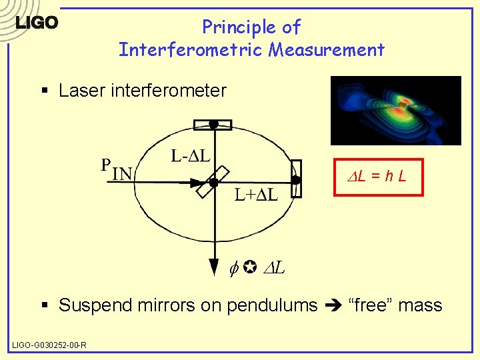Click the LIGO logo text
tap(37, 23)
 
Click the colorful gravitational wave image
tap(396, 110)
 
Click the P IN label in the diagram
tap(117, 169)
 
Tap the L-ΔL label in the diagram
tap(191, 157)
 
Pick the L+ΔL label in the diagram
tap(256, 195)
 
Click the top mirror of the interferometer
tap(213, 124)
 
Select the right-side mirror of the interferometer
tap(297, 179)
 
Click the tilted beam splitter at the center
tap(213, 181)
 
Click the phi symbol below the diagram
tap(234, 269)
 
